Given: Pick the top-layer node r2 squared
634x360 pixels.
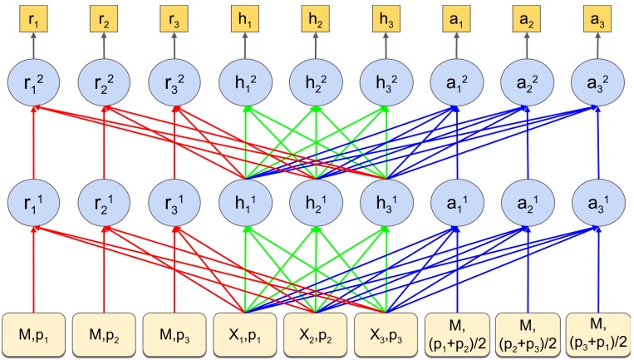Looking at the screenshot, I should coord(105,83).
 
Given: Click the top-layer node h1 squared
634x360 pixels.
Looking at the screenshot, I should coord(246,83).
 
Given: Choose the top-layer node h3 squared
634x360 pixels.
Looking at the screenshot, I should coord(387,83).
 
